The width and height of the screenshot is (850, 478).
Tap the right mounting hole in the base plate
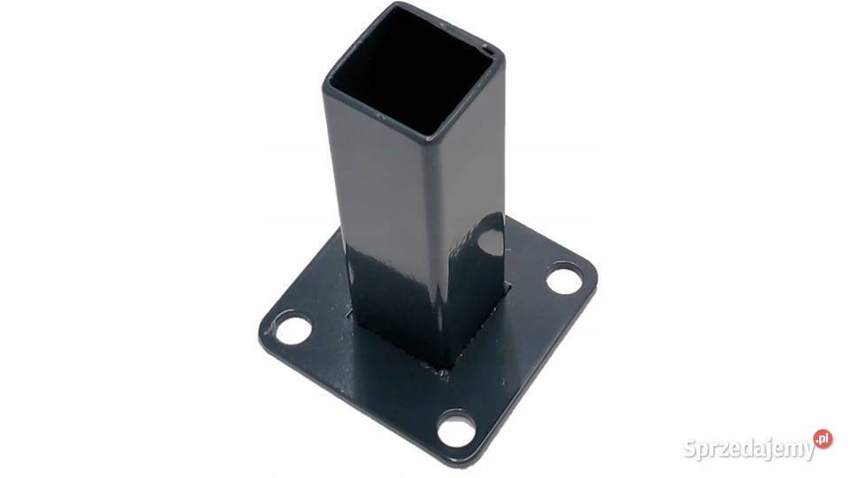[x=564, y=279]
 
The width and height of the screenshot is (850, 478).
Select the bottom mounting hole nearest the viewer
[x=457, y=428]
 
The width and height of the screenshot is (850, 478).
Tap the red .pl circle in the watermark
[x=823, y=438]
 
